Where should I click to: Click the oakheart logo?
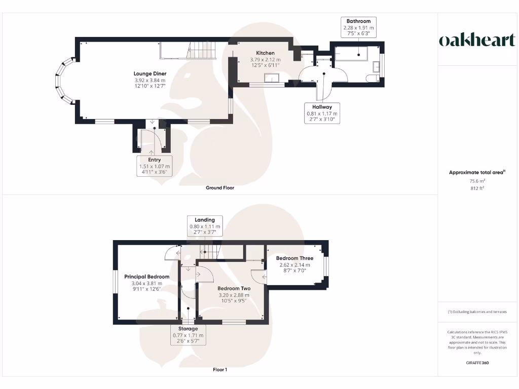tap(477, 41)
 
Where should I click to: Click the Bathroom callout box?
tap(359, 27)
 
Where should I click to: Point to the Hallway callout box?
tap(322, 113)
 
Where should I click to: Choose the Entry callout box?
tap(154, 166)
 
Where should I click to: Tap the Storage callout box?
tap(188, 335)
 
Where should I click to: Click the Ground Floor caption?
tap(220, 187)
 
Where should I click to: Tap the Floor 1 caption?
tap(220, 370)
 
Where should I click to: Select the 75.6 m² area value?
tap(477, 181)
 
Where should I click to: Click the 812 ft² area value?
tap(477, 188)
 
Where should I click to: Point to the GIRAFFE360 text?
tap(477, 363)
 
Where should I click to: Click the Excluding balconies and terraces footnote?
tap(477, 312)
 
